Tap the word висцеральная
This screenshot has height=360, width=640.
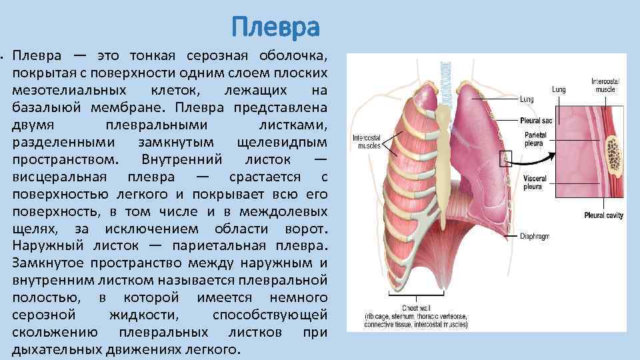pos(59,177)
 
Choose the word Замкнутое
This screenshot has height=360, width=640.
pos(45,263)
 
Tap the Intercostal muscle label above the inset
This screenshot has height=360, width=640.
pos(605,85)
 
